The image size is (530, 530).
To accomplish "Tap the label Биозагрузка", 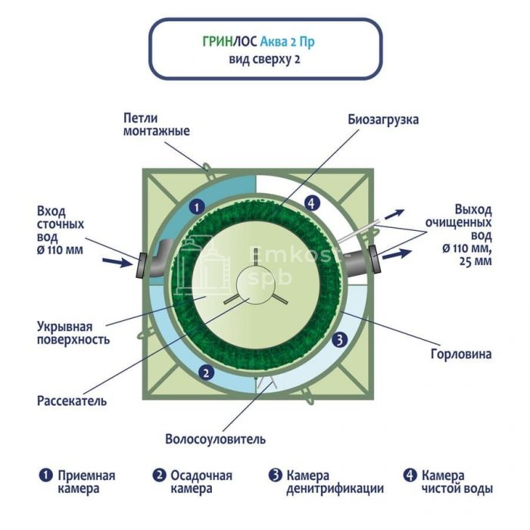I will (x=383, y=120).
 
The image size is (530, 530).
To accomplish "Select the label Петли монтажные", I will (x=156, y=125).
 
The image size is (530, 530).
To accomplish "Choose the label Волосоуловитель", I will (x=215, y=439).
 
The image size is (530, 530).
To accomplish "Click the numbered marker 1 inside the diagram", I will (x=195, y=205).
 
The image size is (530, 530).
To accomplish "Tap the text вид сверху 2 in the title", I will (x=265, y=60).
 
